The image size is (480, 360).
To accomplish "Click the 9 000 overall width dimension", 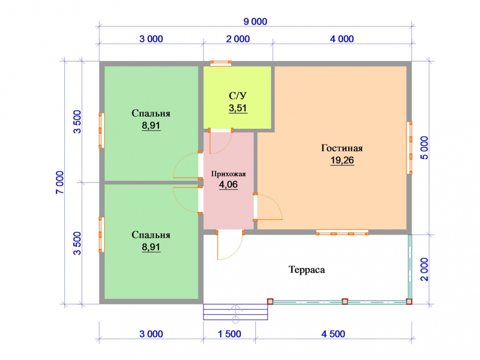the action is (255, 22).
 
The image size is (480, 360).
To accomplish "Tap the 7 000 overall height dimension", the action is (60, 182).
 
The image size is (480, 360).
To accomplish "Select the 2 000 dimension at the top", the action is (238, 39).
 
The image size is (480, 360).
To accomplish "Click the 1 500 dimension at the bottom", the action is (229, 334).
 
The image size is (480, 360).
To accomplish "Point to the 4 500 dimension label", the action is (333, 334).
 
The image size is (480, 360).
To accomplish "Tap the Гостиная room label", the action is (342, 148).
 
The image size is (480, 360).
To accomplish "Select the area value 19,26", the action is (342, 160).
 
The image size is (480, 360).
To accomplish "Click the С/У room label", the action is (238, 96).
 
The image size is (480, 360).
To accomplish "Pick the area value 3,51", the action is (238, 108).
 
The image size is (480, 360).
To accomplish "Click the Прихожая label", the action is (228, 174).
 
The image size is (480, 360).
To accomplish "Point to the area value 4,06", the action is (228, 185).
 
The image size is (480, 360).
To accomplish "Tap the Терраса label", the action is (307, 270).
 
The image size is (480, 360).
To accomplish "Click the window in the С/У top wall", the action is (221, 63).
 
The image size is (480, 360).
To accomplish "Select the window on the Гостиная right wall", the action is (409, 148).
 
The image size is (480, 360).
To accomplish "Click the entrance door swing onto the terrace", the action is (229, 245).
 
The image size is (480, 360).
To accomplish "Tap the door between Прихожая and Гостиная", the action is (267, 207).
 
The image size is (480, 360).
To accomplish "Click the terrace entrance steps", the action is (235, 312).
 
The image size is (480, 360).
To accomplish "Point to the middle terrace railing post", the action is (345, 301).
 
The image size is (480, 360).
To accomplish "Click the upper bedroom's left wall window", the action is (101, 131).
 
